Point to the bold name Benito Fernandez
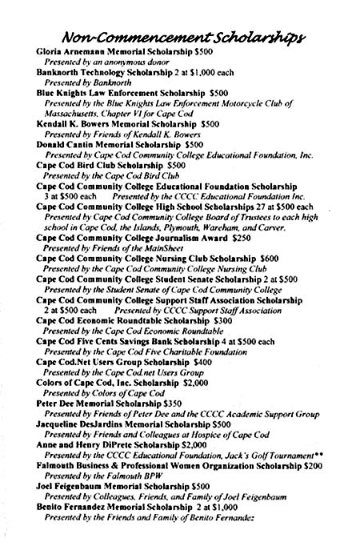point(74,528)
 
